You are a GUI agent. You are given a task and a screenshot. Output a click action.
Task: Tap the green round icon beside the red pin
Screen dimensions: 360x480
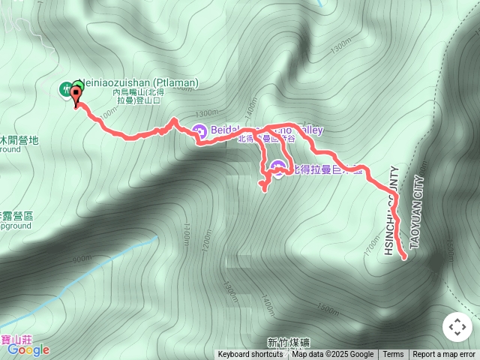65,90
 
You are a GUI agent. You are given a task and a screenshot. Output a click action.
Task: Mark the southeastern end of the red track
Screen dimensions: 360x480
405,257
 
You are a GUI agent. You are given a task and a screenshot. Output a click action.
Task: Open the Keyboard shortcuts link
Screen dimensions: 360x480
250,355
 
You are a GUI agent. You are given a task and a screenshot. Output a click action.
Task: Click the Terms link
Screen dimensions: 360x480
393,355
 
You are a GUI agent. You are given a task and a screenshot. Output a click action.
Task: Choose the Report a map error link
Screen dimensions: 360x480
444,355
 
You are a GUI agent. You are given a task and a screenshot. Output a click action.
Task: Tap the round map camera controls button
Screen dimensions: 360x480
457,327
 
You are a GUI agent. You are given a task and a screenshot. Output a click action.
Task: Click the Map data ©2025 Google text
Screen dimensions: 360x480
332,355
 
